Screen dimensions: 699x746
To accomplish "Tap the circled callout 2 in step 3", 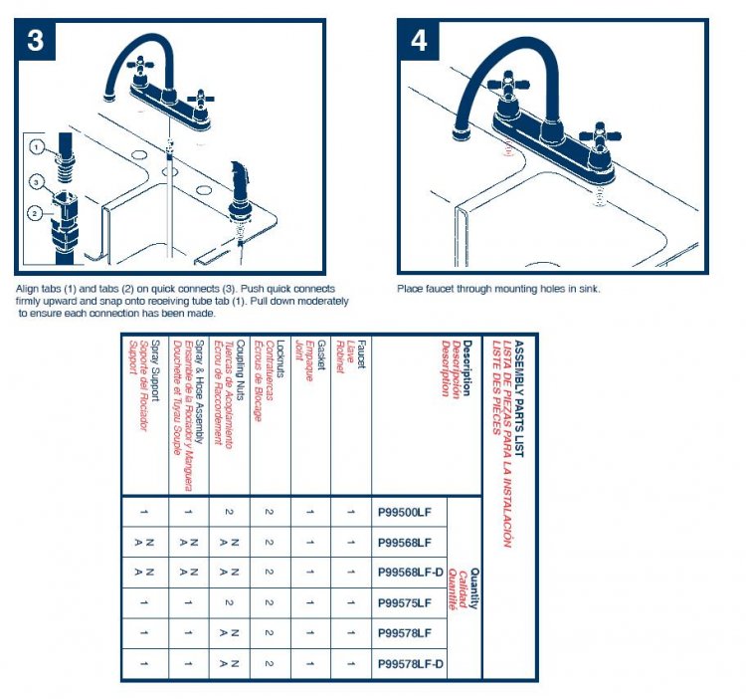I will click(x=35, y=212).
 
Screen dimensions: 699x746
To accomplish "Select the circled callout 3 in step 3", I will click(x=35, y=182).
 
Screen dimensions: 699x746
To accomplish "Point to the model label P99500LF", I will click(x=405, y=513).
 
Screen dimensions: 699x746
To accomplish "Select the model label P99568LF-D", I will click(x=411, y=573).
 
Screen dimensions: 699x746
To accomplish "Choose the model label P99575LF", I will click(x=405, y=602).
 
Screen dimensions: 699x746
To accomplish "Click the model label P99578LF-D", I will click(x=411, y=664).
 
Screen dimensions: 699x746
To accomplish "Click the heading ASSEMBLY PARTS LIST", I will click(x=518, y=397).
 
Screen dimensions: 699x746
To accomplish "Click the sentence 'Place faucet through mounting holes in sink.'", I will click(x=499, y=290).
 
